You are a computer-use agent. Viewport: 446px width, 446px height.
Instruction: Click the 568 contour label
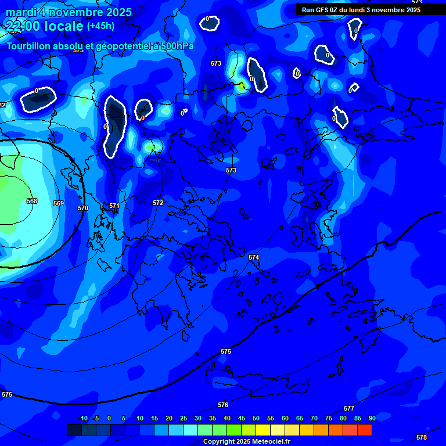pos(32,201)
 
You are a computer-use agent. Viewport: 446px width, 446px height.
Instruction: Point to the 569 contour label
pos(58,203)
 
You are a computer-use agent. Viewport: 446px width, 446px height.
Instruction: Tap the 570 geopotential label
pos(83,208)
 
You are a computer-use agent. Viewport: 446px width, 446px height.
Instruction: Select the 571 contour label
pos(114,206)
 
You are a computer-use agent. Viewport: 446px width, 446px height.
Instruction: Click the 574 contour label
pos(254,257)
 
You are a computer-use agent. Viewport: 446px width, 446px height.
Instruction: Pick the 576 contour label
pos(223,405)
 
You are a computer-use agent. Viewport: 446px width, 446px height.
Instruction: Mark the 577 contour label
pos(349,409)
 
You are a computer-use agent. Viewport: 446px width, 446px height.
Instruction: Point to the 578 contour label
pos(422,437)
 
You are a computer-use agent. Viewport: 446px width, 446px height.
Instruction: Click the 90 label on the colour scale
pos(372,418)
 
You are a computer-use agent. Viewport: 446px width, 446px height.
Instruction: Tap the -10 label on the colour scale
pos(82,418)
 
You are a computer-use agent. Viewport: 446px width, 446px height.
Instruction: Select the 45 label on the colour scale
pos(241,418)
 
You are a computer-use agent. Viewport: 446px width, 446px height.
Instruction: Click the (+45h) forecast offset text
pos(100,26)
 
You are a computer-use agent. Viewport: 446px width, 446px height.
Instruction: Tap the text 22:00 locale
pos(45,26)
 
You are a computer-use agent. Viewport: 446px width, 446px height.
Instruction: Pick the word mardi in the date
pos(20,12)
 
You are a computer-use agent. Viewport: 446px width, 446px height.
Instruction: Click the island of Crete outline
pos(261,378)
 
